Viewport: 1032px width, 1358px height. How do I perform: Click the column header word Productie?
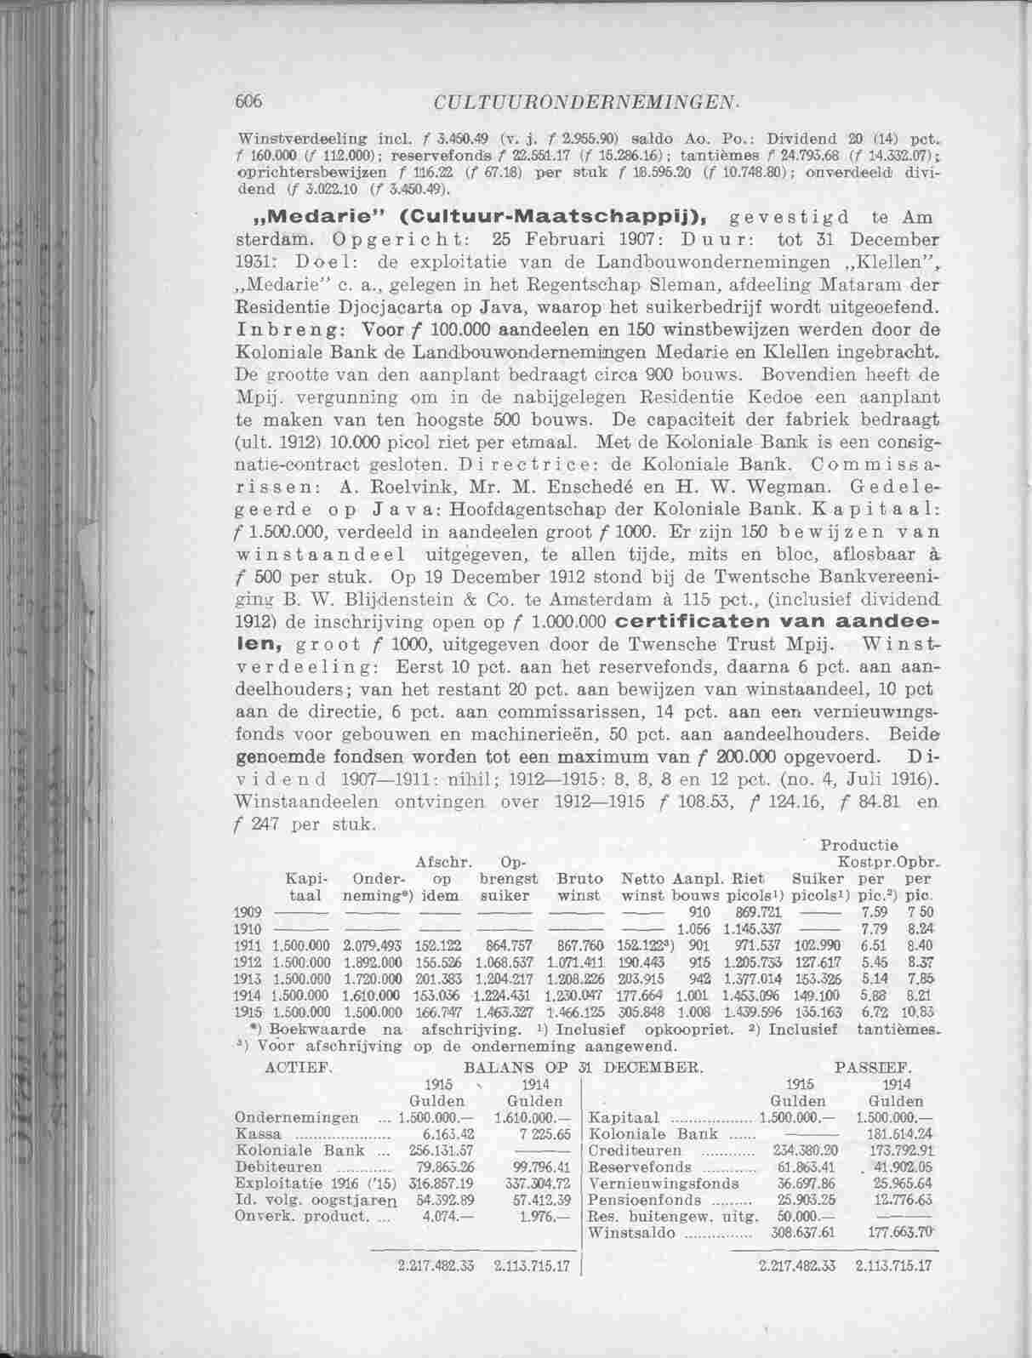tap(858, 846)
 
